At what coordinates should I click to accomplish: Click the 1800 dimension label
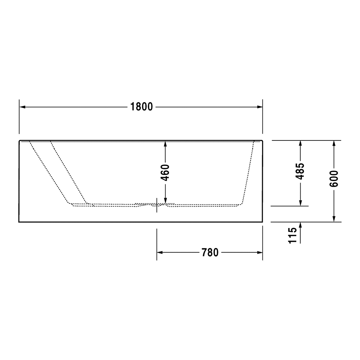pyautogui.click(x=141, y=107)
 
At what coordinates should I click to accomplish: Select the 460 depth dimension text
pyautogui.click(x=165, y=172)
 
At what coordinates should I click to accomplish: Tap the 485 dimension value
pyautogui.click(x=300, y=171)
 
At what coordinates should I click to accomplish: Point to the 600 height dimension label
pyautogui.click(x=334, y=179)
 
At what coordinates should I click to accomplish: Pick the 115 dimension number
pyautogui.click(x=292, y=235)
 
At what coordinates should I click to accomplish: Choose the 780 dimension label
pyautogui.click(x=210, y=253)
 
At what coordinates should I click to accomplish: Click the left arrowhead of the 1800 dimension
pyautogui.click(x=22, y=107)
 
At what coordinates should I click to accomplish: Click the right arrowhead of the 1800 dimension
pyautogui.click(x=260, y=107)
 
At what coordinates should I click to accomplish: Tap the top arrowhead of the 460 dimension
pyautogui.click(x=165, y=144)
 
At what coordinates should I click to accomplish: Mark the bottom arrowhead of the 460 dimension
pyautogui.click(x=165, y=201)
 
